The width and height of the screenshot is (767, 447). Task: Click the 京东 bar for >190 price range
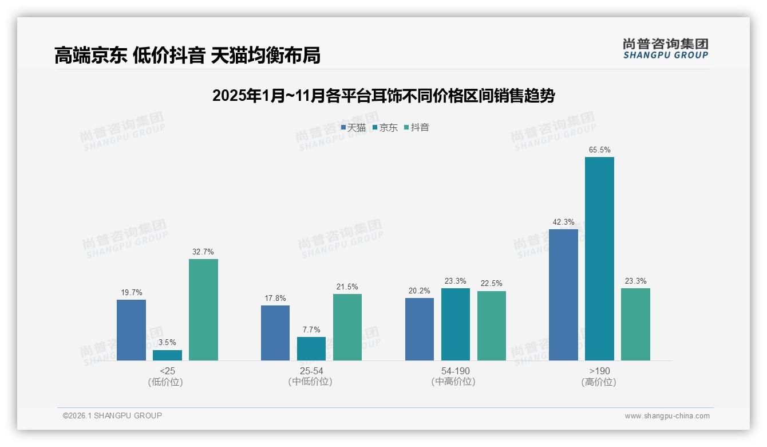coord(599,258)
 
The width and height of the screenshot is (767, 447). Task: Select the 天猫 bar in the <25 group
coord(131,330)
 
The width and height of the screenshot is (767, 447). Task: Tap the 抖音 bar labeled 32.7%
coord(203,309)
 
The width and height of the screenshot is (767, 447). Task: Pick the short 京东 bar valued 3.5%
coord(167,355)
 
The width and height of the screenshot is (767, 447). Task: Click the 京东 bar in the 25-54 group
coord(311,348)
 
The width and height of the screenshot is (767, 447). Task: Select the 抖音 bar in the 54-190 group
coord(492,326)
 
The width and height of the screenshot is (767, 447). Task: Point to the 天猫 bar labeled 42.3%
coord(563,295)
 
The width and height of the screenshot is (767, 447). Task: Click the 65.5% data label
coord(599,150)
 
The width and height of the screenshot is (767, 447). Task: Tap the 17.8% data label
coord(275,298)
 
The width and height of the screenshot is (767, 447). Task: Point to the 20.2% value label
coord(420,291)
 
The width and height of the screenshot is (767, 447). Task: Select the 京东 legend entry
coord(385,128)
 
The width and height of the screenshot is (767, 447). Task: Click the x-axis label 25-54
coord(311,371)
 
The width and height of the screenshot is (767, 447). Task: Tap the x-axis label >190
coord(599,371)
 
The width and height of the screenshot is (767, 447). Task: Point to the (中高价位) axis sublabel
coord(455,382)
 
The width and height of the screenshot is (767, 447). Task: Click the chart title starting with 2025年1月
coord(383,96)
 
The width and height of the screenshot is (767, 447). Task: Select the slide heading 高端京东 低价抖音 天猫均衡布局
coord(187,56)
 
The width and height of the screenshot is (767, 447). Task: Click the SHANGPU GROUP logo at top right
coord(666,49)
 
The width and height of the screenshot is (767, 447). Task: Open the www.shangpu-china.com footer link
coord(667,416)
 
